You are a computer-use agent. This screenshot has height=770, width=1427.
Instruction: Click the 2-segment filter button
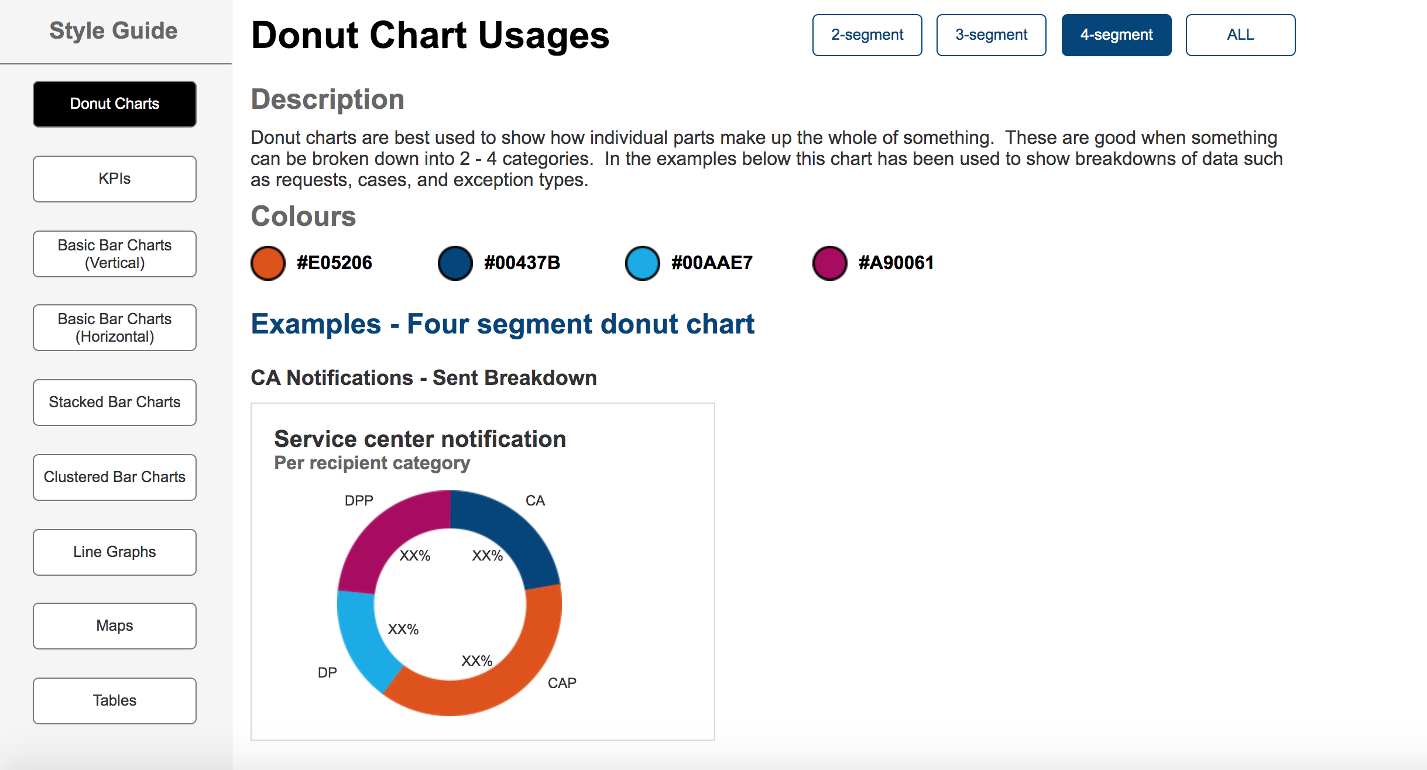pos(867,35)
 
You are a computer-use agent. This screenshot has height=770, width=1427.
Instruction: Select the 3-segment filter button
pos(991,35)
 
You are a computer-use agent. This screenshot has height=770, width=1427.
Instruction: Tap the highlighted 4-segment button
pos(1116,35)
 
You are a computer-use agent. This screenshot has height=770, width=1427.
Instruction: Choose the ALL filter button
pos(1240,35)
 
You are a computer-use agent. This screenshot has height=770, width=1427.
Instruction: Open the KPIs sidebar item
pos(115,179)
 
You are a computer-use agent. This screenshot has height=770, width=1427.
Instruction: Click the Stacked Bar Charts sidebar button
pos(115,403)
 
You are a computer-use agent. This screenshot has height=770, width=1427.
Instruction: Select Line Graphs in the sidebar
pos(115,552)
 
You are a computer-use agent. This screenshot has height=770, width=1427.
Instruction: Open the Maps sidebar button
pos(115,626)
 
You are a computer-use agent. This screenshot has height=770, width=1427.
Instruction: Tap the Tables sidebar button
pos(115,701)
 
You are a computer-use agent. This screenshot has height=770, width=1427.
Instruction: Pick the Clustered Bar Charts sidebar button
pos(115,477)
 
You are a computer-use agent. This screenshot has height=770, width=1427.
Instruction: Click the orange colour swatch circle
pos(268,263)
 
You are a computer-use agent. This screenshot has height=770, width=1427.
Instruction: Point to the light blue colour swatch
pos(643,263)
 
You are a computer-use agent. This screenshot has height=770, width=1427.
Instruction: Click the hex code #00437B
pos(522,263)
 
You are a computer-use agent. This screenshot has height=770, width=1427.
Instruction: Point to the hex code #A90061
pos(896,263)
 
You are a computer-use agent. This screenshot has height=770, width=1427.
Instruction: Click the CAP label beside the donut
pos(562,683)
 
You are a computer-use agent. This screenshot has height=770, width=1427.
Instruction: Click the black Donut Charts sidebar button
pos(115,104)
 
